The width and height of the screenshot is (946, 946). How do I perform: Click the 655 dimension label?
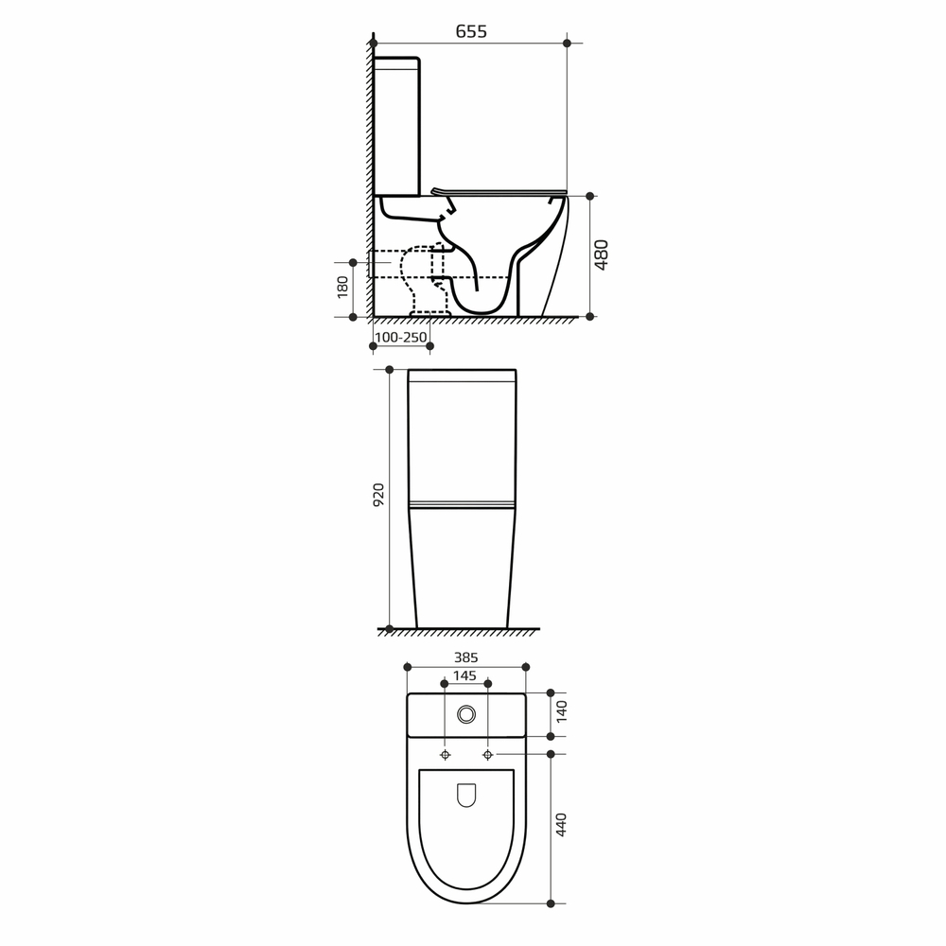pyautogui.click(x=470, y=31)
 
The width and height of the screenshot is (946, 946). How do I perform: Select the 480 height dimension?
pyautogui.click(x=602, y=254)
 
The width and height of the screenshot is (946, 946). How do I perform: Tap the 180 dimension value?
pyautogui.click(x=342, y=288)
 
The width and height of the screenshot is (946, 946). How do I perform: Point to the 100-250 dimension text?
pyautogui.click(x=400, y=338)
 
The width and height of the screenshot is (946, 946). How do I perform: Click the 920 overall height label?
pyautogui.click(x=378, y=494)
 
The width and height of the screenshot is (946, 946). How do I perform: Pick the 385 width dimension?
pyautogui.click(x=465, y=657)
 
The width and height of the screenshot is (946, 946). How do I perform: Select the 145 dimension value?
pyautogui.click(x=464, y=675)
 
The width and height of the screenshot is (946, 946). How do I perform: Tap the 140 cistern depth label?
pyautogui.click(x=562, y=712)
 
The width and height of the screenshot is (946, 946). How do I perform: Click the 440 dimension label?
pyautogui.click(x=562, y=825)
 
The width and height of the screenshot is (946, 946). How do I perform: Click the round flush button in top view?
pyautogui.click(x=466, y=714)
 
